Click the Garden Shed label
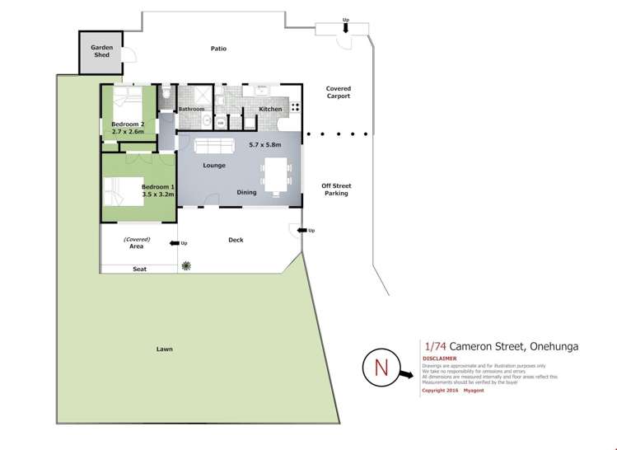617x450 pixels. point(102,50)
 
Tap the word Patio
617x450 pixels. point(218,49)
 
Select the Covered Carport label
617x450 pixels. point(338,92)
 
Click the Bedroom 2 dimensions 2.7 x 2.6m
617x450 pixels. point(128,131)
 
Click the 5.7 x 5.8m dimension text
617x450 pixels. point(265,144)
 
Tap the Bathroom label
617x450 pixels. point(192,109)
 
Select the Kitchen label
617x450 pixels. point(270,109)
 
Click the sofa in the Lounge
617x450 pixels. point(213,147)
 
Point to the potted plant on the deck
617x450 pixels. point(187,265)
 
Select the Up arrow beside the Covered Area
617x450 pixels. point(175,243)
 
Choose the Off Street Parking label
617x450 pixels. point(336,190)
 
